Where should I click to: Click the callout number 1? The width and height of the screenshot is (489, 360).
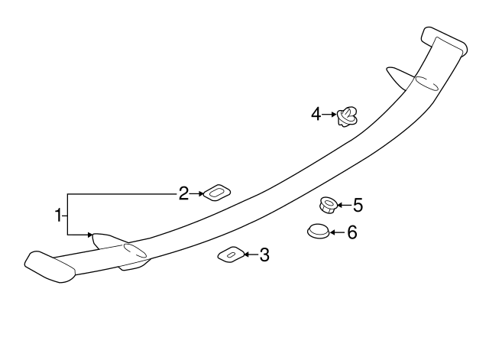pos(58,216)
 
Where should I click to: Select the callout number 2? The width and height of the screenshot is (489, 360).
pos(183,193)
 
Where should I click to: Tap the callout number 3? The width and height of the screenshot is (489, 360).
pos(264,255)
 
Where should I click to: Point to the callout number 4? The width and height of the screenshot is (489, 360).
pos(316,114)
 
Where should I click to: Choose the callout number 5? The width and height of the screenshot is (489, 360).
pos(358,205)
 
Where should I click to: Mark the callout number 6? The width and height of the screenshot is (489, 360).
pos(352,232)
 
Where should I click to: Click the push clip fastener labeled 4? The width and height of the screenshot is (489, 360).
pos(347,116)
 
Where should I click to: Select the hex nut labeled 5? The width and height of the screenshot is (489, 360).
pos(328,205)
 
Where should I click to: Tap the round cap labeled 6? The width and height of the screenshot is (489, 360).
pos(318,231)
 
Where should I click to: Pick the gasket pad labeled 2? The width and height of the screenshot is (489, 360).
pos(217,193)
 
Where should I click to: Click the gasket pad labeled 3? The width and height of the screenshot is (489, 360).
pos(231,255)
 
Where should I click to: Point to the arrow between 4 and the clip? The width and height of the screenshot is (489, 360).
pos(329,115)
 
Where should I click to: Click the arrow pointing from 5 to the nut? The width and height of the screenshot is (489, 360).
pos(345,205)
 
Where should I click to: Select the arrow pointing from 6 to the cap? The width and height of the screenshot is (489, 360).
pos(338,232)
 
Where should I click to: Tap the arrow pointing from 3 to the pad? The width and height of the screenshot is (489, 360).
pos(251,255)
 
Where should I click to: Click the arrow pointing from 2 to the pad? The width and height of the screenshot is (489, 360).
pos(196,193)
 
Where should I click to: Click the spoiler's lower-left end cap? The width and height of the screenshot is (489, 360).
pos(50,267)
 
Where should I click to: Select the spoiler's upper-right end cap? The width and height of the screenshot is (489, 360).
pos(445,42)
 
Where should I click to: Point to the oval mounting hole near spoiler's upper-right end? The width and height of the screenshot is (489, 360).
pos(426,83)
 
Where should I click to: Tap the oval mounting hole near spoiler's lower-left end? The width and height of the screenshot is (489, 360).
pos(135,250)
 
